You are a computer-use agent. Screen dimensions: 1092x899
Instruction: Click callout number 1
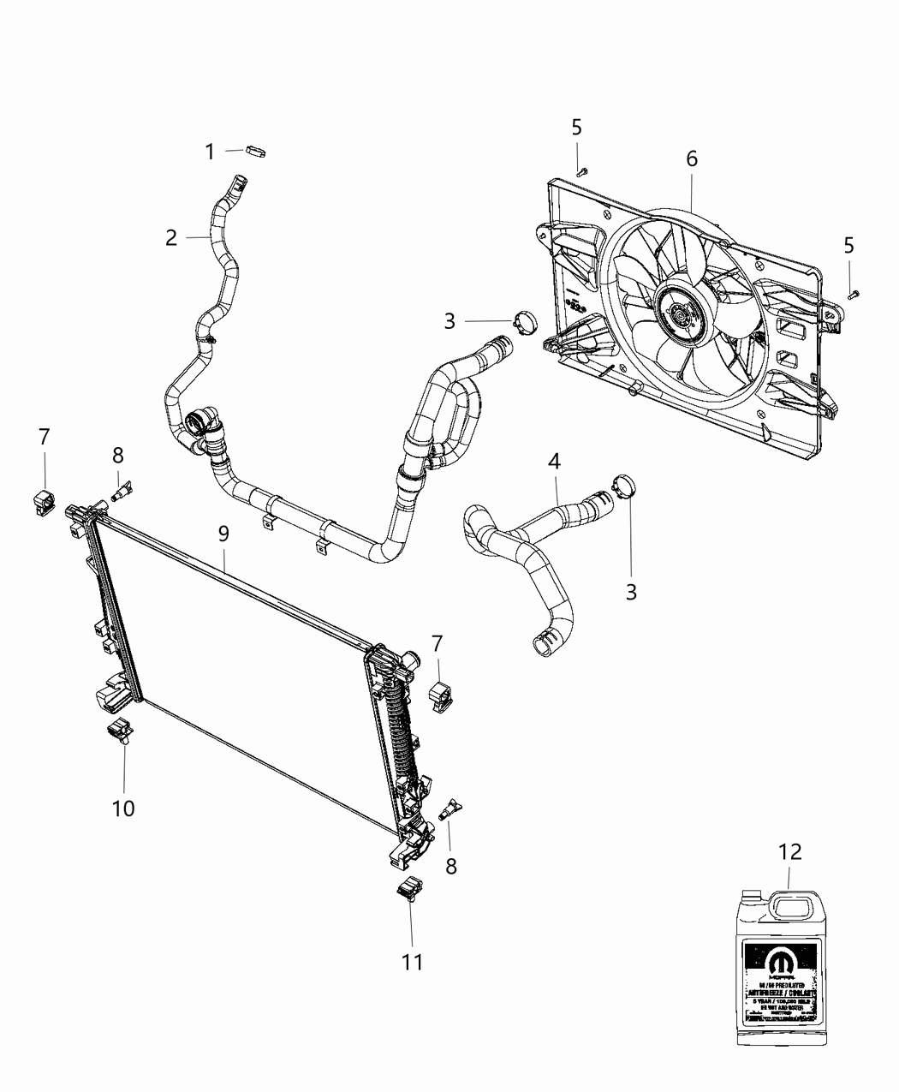[x=210, y=152]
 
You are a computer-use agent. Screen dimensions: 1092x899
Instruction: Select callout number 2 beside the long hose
[x=172, y=237]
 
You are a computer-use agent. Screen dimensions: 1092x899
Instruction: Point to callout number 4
[x=554, y=462]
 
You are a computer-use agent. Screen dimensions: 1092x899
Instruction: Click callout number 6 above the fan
[x=691, y=158]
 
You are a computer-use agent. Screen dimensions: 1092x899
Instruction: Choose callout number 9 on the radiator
[x=223, y=534]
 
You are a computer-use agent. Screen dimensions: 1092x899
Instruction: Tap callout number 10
[x=123, y=808]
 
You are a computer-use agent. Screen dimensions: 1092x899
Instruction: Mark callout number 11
[x=413, y=962]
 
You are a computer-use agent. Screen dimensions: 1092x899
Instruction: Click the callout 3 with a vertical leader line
[x=631, y=592]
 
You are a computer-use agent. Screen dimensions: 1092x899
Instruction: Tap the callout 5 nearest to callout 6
[x=576, y=128]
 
